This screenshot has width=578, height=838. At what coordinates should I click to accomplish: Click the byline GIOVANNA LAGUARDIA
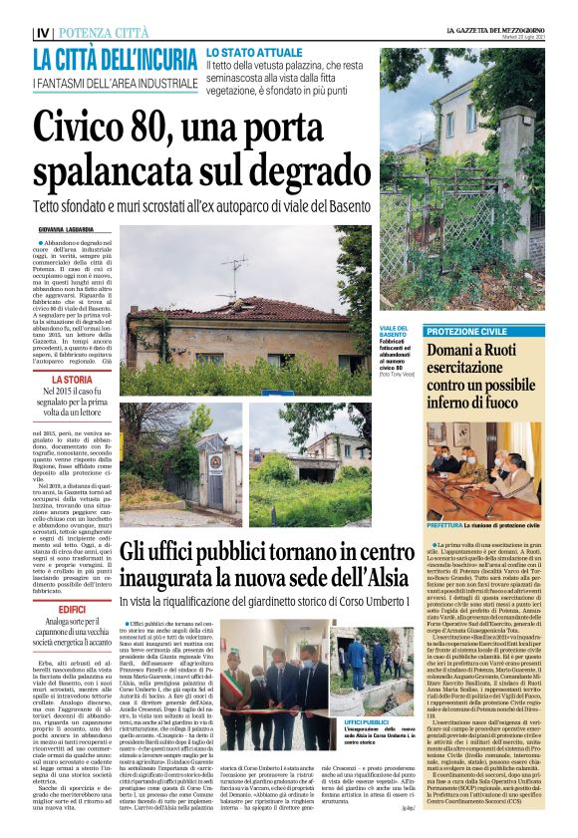68,229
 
